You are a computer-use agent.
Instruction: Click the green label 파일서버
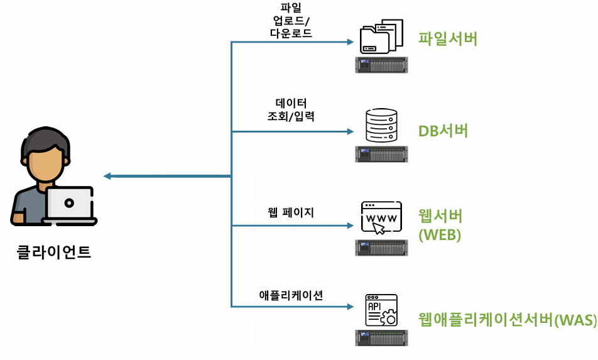tap(448, 39)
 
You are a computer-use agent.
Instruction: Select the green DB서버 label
tap(443, 131)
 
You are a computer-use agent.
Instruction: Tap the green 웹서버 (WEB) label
tap(440, 225)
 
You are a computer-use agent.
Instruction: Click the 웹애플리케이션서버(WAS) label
tap(508, 319)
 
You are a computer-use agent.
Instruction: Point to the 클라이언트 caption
tap(54, 253)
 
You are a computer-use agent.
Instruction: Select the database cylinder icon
tap(381, 126)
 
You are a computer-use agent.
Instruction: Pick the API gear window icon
tap(381, 310)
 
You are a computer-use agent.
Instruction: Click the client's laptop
tap(70, 205)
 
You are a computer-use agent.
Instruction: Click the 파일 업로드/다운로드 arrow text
tap(290, 21)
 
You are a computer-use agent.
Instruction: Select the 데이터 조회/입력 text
tap(290, 109)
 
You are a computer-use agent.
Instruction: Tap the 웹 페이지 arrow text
tap(290, 212)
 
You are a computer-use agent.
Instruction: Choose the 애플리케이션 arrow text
tap(291, 295)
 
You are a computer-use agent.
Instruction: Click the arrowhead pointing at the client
tap(107, 176)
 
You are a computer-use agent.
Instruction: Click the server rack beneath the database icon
tap(381, 154)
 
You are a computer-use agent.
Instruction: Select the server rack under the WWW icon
tap(381, 247)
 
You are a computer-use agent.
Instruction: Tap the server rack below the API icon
tap(381, 337)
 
